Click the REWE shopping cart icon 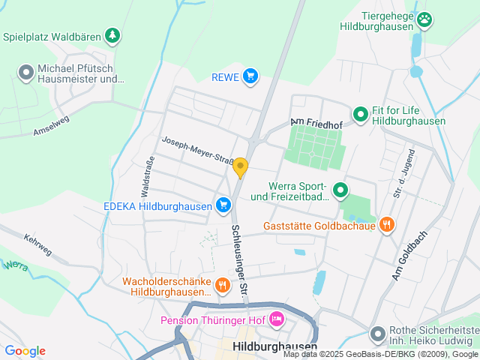(250, 76)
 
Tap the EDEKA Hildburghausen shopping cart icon (223, 205)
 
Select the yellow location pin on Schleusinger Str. (240, 167)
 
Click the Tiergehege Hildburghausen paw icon (425, 19)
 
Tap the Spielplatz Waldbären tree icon (112, 35)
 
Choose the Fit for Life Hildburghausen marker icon (360, 114)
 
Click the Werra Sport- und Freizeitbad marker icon (340, 190)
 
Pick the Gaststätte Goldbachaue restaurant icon (387, 224)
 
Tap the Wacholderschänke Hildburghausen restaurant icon (222, 285)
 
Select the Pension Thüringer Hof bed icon (276, 319)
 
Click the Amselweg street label (51, 124)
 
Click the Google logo (25, 351)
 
